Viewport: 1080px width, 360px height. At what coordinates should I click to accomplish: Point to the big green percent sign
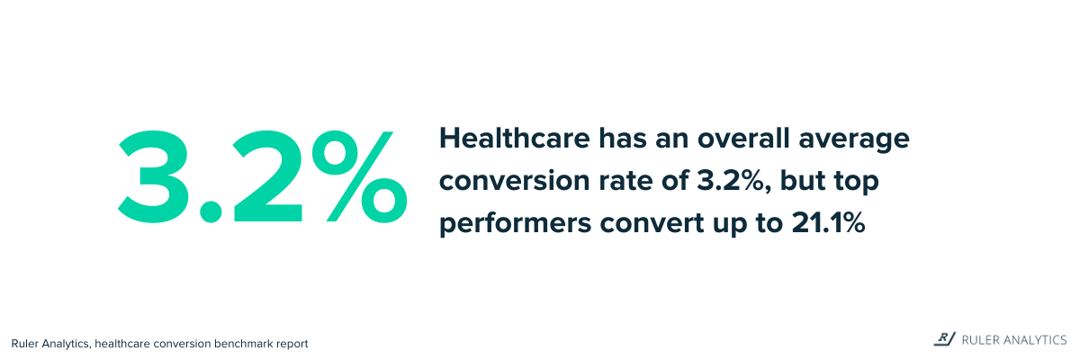[x=360, y=177]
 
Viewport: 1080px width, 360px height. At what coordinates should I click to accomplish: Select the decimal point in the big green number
[x=211, y=211]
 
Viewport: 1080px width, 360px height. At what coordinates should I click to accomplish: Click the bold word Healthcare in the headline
[x=515, y=139]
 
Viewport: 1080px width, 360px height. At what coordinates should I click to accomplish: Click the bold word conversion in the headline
[x=515, y=181]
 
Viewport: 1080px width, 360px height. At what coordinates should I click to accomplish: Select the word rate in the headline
[x=625, y=182]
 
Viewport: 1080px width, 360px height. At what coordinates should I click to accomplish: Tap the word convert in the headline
[x=652, y=223]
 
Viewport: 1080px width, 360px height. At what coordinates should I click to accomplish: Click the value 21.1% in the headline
[x=828, y=223]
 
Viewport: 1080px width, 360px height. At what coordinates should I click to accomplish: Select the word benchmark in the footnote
[x=243, y=344]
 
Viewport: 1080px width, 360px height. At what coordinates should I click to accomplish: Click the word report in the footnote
[x=292, y=345]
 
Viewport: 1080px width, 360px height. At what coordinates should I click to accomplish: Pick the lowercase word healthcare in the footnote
[x=122, y=344]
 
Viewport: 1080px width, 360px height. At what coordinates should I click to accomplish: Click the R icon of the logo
[x=944, y=338]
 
